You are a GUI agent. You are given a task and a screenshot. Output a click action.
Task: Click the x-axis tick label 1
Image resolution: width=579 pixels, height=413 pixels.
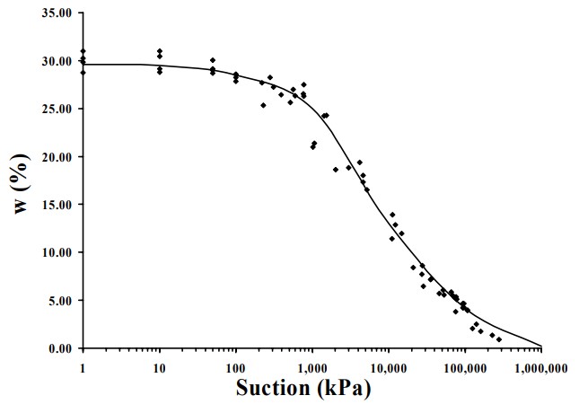pos(83,366)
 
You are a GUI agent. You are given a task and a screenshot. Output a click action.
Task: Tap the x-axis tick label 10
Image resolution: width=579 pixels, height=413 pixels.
pos(159,366)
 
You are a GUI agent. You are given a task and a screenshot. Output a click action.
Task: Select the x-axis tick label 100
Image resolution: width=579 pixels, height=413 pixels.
pos(235,366)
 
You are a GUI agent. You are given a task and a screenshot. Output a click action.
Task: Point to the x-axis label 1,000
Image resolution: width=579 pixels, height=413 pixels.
pos(311,366)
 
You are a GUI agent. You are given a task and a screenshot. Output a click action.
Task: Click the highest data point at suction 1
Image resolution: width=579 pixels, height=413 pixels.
pos(83,51)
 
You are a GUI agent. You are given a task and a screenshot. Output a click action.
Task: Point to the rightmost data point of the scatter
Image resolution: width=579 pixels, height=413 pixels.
pos(499,339)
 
